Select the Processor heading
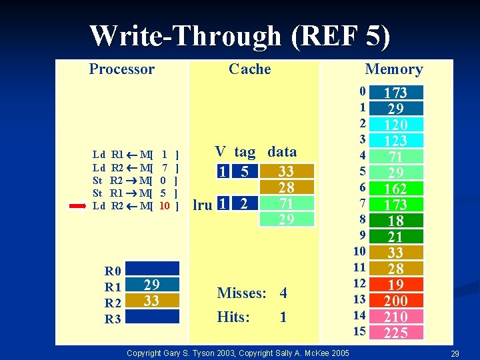tap(121, 69)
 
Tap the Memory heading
tap(393, 69)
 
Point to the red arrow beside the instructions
tap(79, 206)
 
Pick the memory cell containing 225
tap(396, 333)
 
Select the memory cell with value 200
tap(396, 301)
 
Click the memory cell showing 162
tap(396, 189)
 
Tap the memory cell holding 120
tap(396, 125)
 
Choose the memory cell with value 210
tap(396, 317)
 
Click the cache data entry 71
tap(286, 204)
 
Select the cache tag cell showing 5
tap(245, 172)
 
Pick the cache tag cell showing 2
tap(245, 204)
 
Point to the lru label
tap(203, 205)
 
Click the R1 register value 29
tap(152, 285)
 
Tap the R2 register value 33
tap(152, 301)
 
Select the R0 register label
tap(113, 271)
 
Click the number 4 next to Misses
tap(283, 293)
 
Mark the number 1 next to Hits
tap(283, 317)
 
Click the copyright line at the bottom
tap(237, 351)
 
